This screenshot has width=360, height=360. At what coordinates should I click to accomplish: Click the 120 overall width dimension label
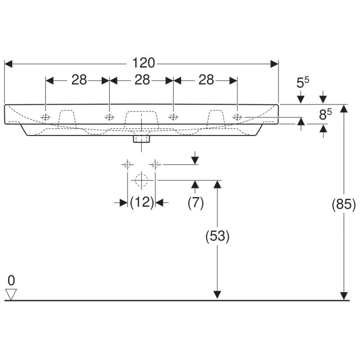tap(144, 63)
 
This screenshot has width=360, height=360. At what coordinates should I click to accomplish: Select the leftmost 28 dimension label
tap(79, 80)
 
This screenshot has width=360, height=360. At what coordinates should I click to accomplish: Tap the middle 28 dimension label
tap(142, 80)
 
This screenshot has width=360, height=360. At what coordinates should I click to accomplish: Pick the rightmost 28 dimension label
tap(206, 80)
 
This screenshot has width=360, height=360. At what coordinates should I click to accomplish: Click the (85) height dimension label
tap(344, 204)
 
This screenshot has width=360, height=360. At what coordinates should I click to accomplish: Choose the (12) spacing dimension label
tap(142, 202)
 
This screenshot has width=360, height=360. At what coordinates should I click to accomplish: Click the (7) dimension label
tap(196, 202)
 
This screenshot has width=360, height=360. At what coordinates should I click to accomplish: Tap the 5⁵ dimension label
tap(302, 82)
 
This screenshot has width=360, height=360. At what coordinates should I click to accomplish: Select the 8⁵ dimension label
tap(325, 114)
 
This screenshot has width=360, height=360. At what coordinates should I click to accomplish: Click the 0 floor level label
tap(11, 280)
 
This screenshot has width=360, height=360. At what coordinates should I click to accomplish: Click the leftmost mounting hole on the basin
tap(46, 117)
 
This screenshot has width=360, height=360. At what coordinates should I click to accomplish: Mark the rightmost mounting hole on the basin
tap(237, 117)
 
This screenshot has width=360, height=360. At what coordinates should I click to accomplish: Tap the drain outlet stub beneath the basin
tap(141, 139)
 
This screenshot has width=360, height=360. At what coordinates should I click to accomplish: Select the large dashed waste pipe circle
tap(141, 180)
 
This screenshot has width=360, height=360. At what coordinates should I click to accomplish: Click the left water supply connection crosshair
tap(127, 165)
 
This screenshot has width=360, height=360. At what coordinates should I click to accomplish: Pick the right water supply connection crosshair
tap(155, 165)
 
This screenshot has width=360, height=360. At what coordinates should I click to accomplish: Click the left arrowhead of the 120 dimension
tap(8, 64)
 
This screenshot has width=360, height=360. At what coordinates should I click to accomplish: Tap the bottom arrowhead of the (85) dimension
tap(344, 296)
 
